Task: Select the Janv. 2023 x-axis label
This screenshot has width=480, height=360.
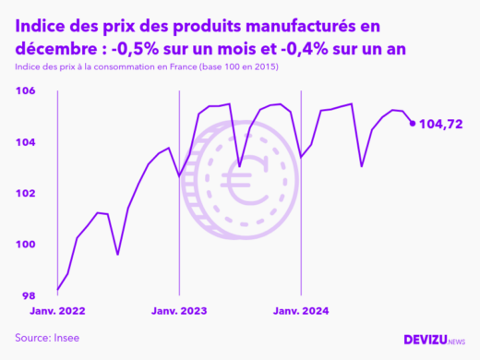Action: click(x=179, y=311)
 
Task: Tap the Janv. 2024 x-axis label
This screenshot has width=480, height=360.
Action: click(x=301, y=311)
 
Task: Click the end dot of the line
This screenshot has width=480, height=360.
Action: click(x=413, y=123)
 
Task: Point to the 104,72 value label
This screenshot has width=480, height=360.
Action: click(x=441, y=123)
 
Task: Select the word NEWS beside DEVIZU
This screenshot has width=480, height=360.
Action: click(x=456, y=342)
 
